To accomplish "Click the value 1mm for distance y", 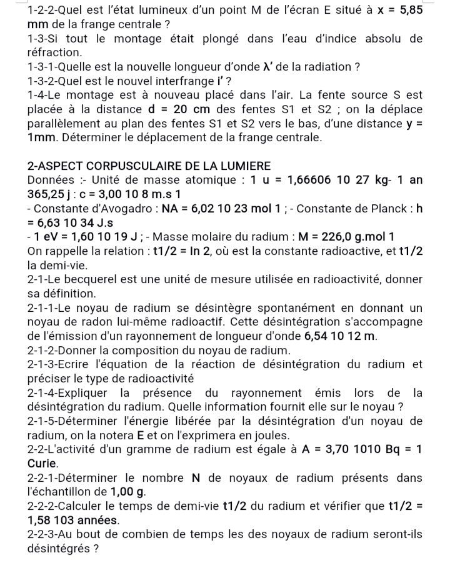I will (x=42, y=137).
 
